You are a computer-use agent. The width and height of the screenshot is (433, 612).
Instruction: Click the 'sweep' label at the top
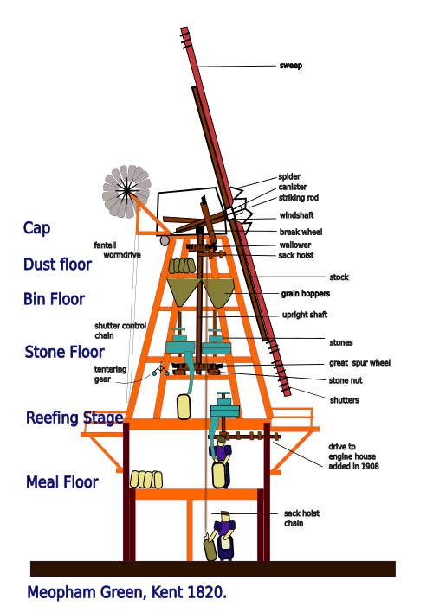click(291, 66)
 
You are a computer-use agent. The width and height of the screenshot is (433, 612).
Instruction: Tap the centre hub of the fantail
click(126, 190)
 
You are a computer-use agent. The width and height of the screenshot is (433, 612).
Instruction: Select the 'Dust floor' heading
click(57, 265)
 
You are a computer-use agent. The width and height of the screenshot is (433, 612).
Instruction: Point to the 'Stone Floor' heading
click(65, 352)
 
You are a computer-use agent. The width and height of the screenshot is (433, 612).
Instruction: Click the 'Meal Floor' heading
click(62, 481)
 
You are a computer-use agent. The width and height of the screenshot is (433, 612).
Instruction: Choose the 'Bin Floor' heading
click(54, 299)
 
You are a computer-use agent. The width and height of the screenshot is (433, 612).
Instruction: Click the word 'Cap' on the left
click(36, 228)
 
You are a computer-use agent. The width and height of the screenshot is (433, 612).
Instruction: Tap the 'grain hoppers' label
click(306, 294)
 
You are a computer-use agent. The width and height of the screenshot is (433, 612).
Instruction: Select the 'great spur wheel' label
click(360, 363)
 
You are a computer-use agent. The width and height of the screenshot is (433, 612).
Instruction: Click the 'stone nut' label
click(346, 380)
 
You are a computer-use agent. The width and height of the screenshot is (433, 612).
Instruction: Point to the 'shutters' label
click(344, 400)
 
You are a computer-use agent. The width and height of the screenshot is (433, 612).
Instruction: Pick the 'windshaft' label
click(296, 215)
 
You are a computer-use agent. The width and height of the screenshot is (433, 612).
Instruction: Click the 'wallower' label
click(295, 245)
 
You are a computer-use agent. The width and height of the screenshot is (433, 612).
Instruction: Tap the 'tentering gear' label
click(110, 374)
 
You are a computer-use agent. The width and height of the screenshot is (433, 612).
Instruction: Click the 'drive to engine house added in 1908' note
click(353, 456)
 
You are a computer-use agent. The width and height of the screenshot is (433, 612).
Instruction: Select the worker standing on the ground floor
click(220, 536)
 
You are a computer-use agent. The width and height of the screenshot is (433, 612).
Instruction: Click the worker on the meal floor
click(221, 462)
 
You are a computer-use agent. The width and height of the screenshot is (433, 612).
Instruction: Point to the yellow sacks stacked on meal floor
click(146, 479)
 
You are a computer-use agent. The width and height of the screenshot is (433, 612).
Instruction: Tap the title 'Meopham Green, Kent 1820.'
click(126, 592)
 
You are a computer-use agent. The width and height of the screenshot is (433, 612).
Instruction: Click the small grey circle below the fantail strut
click(165, 240)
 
